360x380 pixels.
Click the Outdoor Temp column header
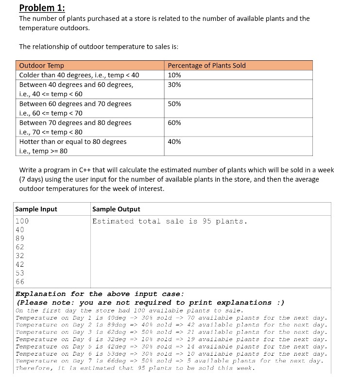[41, 65]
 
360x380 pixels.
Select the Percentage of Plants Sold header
[206, 65]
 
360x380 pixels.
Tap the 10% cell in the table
[174, 75]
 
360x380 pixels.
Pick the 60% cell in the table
[174, 122]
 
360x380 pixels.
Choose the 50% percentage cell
[174, 104]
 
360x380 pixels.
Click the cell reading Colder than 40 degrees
[79, 75]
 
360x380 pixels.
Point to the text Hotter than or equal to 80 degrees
[73, 141]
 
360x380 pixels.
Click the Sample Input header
[36, 209]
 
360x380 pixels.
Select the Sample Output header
[116, 209]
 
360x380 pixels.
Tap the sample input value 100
[22, 221]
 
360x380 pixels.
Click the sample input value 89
[20, 238]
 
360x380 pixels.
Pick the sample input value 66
[20, 281]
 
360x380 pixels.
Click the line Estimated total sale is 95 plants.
[170, 221]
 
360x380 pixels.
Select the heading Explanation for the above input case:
[100, 294]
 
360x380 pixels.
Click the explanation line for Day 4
[171, 339]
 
